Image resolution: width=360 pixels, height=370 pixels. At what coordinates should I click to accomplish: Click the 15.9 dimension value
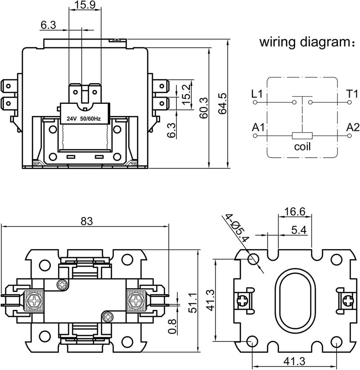[x=85, y=4]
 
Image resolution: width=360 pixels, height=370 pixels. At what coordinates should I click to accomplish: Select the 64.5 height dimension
[x=222, y=103]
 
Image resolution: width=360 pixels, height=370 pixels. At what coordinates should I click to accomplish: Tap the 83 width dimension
[x=87, y=221]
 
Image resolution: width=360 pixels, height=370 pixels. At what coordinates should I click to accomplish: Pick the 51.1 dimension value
[x=193, y=303]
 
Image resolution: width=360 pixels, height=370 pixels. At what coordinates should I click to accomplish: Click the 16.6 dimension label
[x=295, y=211]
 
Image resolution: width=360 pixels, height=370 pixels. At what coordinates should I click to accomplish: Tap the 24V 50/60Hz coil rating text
[x=83, y=119]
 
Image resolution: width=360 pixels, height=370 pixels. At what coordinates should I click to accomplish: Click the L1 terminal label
[x=257, y=94]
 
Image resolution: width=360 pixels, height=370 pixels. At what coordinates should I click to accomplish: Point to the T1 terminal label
[x=352, y=94]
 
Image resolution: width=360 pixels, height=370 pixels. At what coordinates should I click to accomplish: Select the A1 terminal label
[x=258, y=127]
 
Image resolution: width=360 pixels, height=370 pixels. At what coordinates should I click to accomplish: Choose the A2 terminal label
[x=353, y=127]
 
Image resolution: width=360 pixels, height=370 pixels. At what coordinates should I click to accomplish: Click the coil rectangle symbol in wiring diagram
[x=302, y=136]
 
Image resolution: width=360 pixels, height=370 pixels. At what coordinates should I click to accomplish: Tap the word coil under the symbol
[x=302, y=146]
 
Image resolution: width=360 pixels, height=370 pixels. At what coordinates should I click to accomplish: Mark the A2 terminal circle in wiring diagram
[x=349, y=136]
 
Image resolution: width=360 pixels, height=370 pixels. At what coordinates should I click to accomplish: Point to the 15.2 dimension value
[x=186, y=94]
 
